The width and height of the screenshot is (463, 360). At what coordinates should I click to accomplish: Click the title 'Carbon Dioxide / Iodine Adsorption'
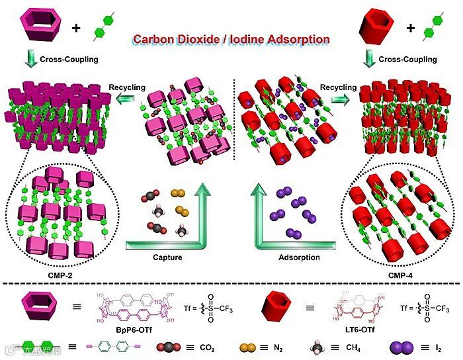(231, 39)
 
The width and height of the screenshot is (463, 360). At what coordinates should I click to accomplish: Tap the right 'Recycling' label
(338, 87)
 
